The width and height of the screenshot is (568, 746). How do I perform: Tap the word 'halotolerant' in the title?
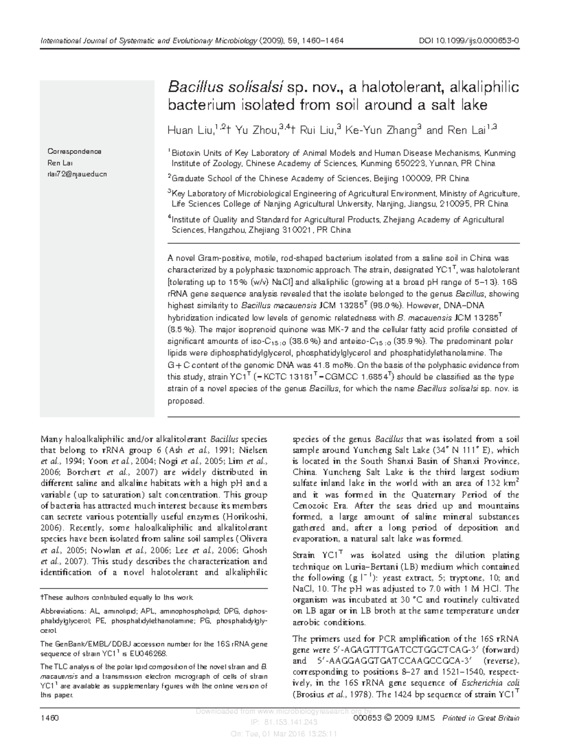403,87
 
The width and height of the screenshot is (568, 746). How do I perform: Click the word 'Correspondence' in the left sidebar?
74,151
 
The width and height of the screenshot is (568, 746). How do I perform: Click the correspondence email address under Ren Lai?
77,174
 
